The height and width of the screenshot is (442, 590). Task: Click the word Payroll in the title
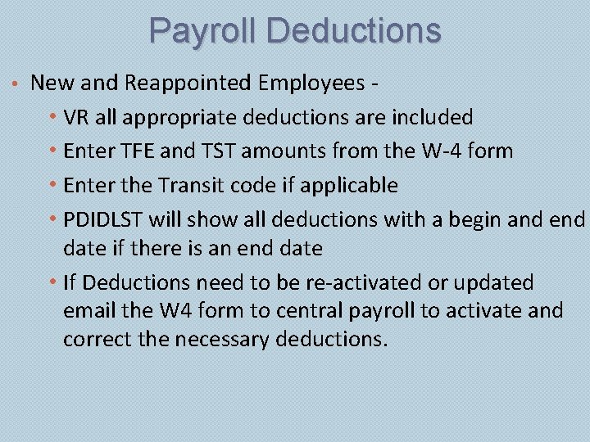pyautogui.click(x=203, y=31)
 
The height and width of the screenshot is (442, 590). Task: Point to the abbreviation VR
pyautogui.click(x=76, y=117)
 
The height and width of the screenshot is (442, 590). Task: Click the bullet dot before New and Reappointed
pyautogui.click(x=16, y=83)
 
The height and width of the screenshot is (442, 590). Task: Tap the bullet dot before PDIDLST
pyautogui.click(x=53, y=219)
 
